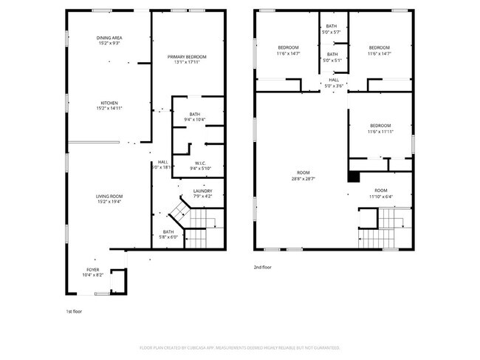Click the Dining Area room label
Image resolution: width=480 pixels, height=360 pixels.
coord(109,41)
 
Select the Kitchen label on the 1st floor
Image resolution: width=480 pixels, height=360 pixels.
coord(109,105)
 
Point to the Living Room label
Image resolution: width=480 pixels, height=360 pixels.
coord(109,198)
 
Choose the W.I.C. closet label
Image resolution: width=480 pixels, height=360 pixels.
coord(199,166)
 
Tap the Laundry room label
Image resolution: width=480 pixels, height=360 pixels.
coord(202,193)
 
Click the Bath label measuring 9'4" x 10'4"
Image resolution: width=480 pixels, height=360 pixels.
coord(194,116)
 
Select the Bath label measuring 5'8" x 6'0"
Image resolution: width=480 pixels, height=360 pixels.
coord(168,234)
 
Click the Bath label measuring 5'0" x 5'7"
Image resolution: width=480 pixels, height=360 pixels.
coord(332,29)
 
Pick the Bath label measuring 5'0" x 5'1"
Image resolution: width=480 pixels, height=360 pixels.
coord(332,56)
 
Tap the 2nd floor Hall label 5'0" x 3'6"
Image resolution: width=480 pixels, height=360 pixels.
coord(334,82)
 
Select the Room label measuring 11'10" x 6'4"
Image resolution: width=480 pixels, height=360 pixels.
coord(380,193)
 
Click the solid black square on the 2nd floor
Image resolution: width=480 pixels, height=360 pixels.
coord(354,176)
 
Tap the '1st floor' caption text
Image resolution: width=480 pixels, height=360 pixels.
coord(73,311)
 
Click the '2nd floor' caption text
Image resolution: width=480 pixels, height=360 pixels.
coord(263,267)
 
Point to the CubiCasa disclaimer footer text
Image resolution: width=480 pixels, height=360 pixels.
coord(239,347)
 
